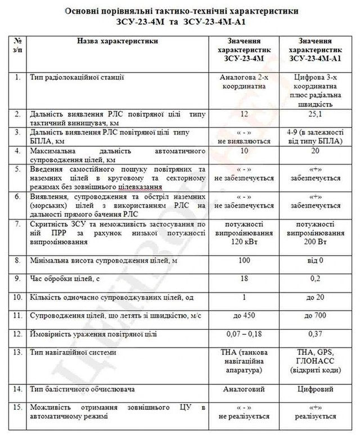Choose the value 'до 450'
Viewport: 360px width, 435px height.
coord(243,316)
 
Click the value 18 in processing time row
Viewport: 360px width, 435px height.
coord(243,279)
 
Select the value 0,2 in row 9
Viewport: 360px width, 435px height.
coord(315,279)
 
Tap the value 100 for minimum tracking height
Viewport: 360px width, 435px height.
coord(243,261)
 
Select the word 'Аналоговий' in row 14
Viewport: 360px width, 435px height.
coord(243,389)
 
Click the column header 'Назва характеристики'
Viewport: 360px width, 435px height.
coord(118,41)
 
